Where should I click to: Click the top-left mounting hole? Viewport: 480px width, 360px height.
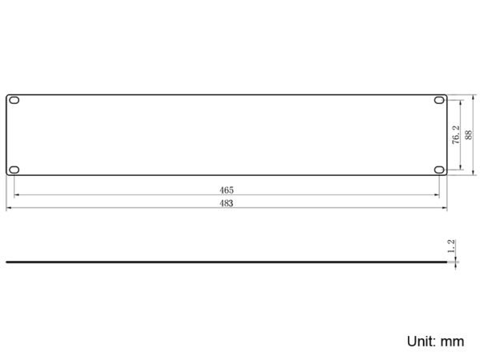[x=14, y=102]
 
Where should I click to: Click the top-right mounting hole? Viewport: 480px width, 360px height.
[x=439, y=102]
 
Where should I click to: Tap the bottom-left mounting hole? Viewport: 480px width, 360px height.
[x=14, y=169]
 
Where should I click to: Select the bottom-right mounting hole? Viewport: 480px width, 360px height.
[x=439, y=169]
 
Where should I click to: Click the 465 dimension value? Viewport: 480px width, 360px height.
[x=226, y=190]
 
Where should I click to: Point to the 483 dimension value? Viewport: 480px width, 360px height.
[x=226, y=204]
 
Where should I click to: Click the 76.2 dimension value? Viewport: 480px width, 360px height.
[x=455, y=134]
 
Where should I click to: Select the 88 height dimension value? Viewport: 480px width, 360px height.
[x=468, y=134]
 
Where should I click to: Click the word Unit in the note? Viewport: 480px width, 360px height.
[x=422, y=341]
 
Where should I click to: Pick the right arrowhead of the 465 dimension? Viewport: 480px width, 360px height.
[x=436, y=195]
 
